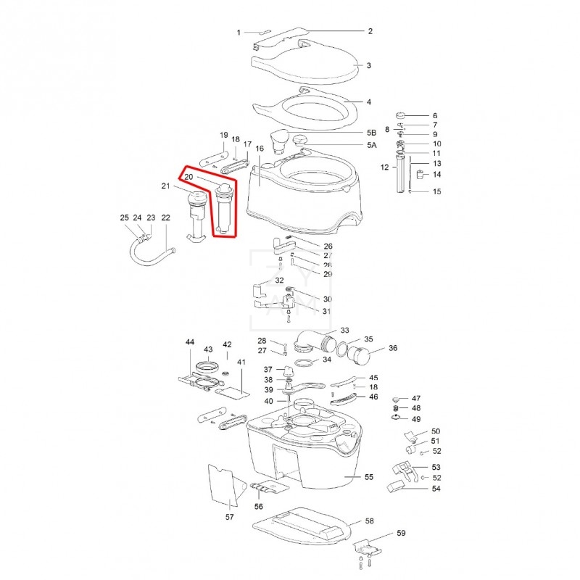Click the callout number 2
click(370, 31)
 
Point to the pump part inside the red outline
click(223, 210)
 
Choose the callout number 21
click(165, 187)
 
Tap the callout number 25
click(124, 217)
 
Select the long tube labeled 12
click(399, 174)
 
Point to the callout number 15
click(436, 192)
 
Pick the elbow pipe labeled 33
click(313, 340)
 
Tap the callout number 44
click(190, 341)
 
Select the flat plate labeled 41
click(233, 391)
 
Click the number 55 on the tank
click(368, 478)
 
